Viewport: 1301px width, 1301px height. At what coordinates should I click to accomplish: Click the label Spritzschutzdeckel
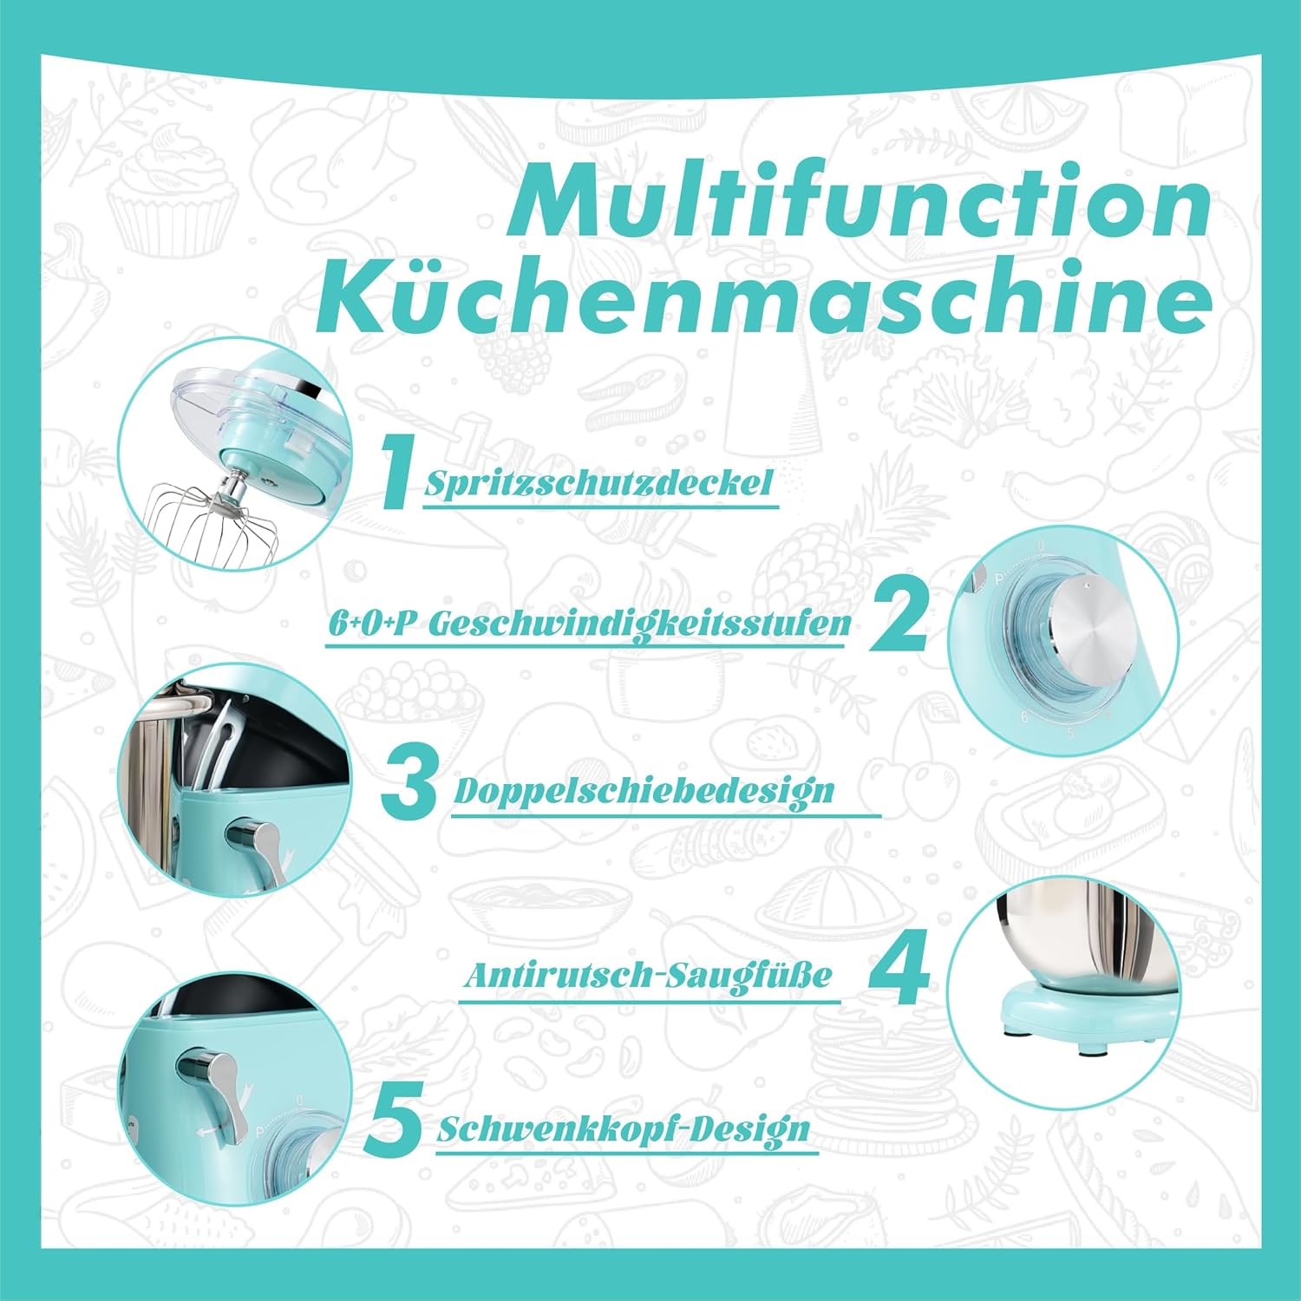click(x=598, y=482)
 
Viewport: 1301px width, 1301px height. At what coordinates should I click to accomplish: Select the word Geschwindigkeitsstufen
click(x=639, y=624)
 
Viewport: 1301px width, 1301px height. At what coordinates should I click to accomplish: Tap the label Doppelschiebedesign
click(x=644, y=791)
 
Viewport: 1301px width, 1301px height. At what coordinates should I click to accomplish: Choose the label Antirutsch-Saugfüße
click(x=647, y=975)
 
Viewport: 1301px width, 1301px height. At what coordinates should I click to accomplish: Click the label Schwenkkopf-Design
click(x=623, y=1129)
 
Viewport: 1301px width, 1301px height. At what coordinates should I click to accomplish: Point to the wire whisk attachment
click(x=213, y=523)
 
